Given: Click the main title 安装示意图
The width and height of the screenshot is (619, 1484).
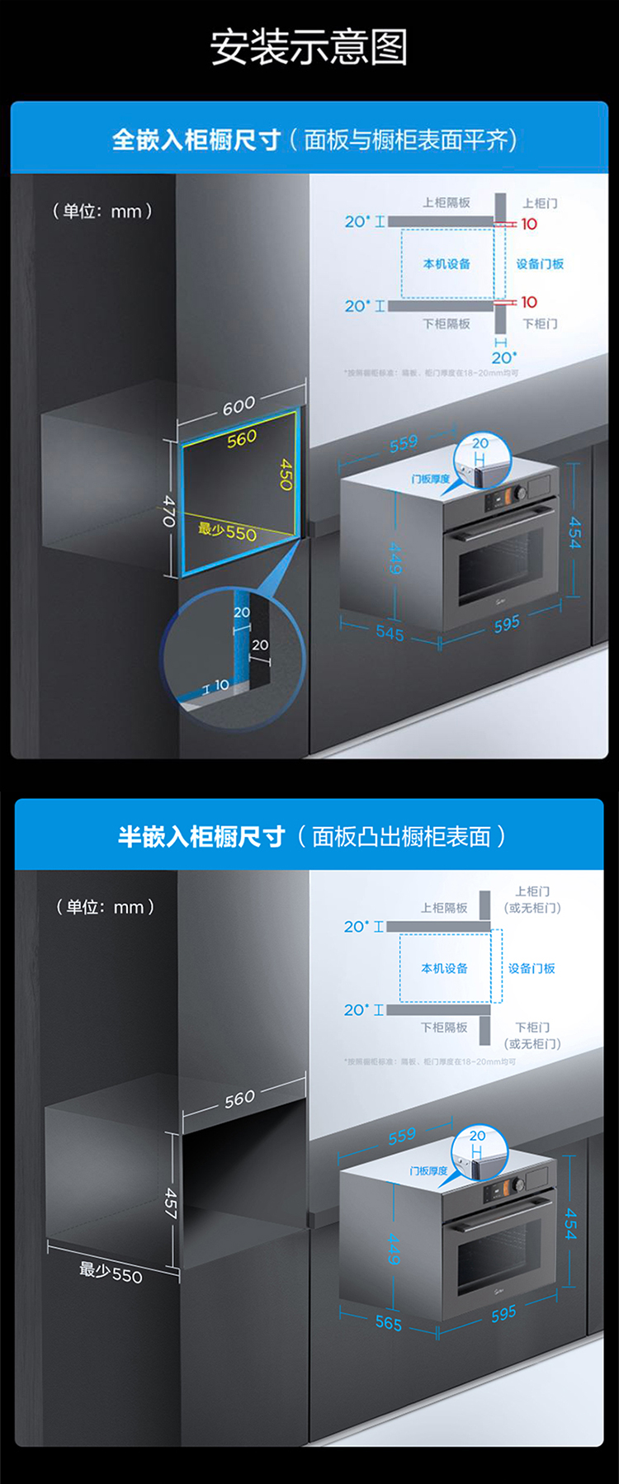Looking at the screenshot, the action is (x=309, y=47).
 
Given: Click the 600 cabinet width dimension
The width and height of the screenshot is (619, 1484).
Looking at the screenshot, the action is (x=239, y=405).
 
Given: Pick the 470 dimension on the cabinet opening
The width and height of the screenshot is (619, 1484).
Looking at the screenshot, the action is (x=169, y=511).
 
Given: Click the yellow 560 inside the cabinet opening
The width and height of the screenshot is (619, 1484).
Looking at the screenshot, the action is (x=242, y=438).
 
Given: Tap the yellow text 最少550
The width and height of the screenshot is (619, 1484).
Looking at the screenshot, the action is (x=227, y=532).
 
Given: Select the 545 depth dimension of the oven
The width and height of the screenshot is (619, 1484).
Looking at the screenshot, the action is (x=390, y=633).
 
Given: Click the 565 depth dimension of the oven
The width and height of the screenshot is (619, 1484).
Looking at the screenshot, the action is (x=388, y=1323).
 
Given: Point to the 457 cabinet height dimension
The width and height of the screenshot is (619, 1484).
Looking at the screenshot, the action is (x=170, y=1203).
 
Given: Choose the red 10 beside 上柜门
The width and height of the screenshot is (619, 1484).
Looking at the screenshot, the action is (x=529, y=224).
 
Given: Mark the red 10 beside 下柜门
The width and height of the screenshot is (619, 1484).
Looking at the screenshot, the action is (x=529, y=302).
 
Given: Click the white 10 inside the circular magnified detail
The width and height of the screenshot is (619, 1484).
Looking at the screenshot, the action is (x=221, y=684).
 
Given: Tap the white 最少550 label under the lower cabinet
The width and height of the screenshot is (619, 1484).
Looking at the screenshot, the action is (x=111, y=1272).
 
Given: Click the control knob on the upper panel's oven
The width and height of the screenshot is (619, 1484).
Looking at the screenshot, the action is (x=520, y=493).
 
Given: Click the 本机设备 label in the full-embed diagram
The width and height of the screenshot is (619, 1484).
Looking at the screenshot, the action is (x=447, y=264).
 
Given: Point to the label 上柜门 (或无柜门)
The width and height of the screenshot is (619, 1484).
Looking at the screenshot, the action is (x=532, y=900).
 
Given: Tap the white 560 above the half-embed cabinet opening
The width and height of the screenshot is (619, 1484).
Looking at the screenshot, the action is (x=239, y=1099).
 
